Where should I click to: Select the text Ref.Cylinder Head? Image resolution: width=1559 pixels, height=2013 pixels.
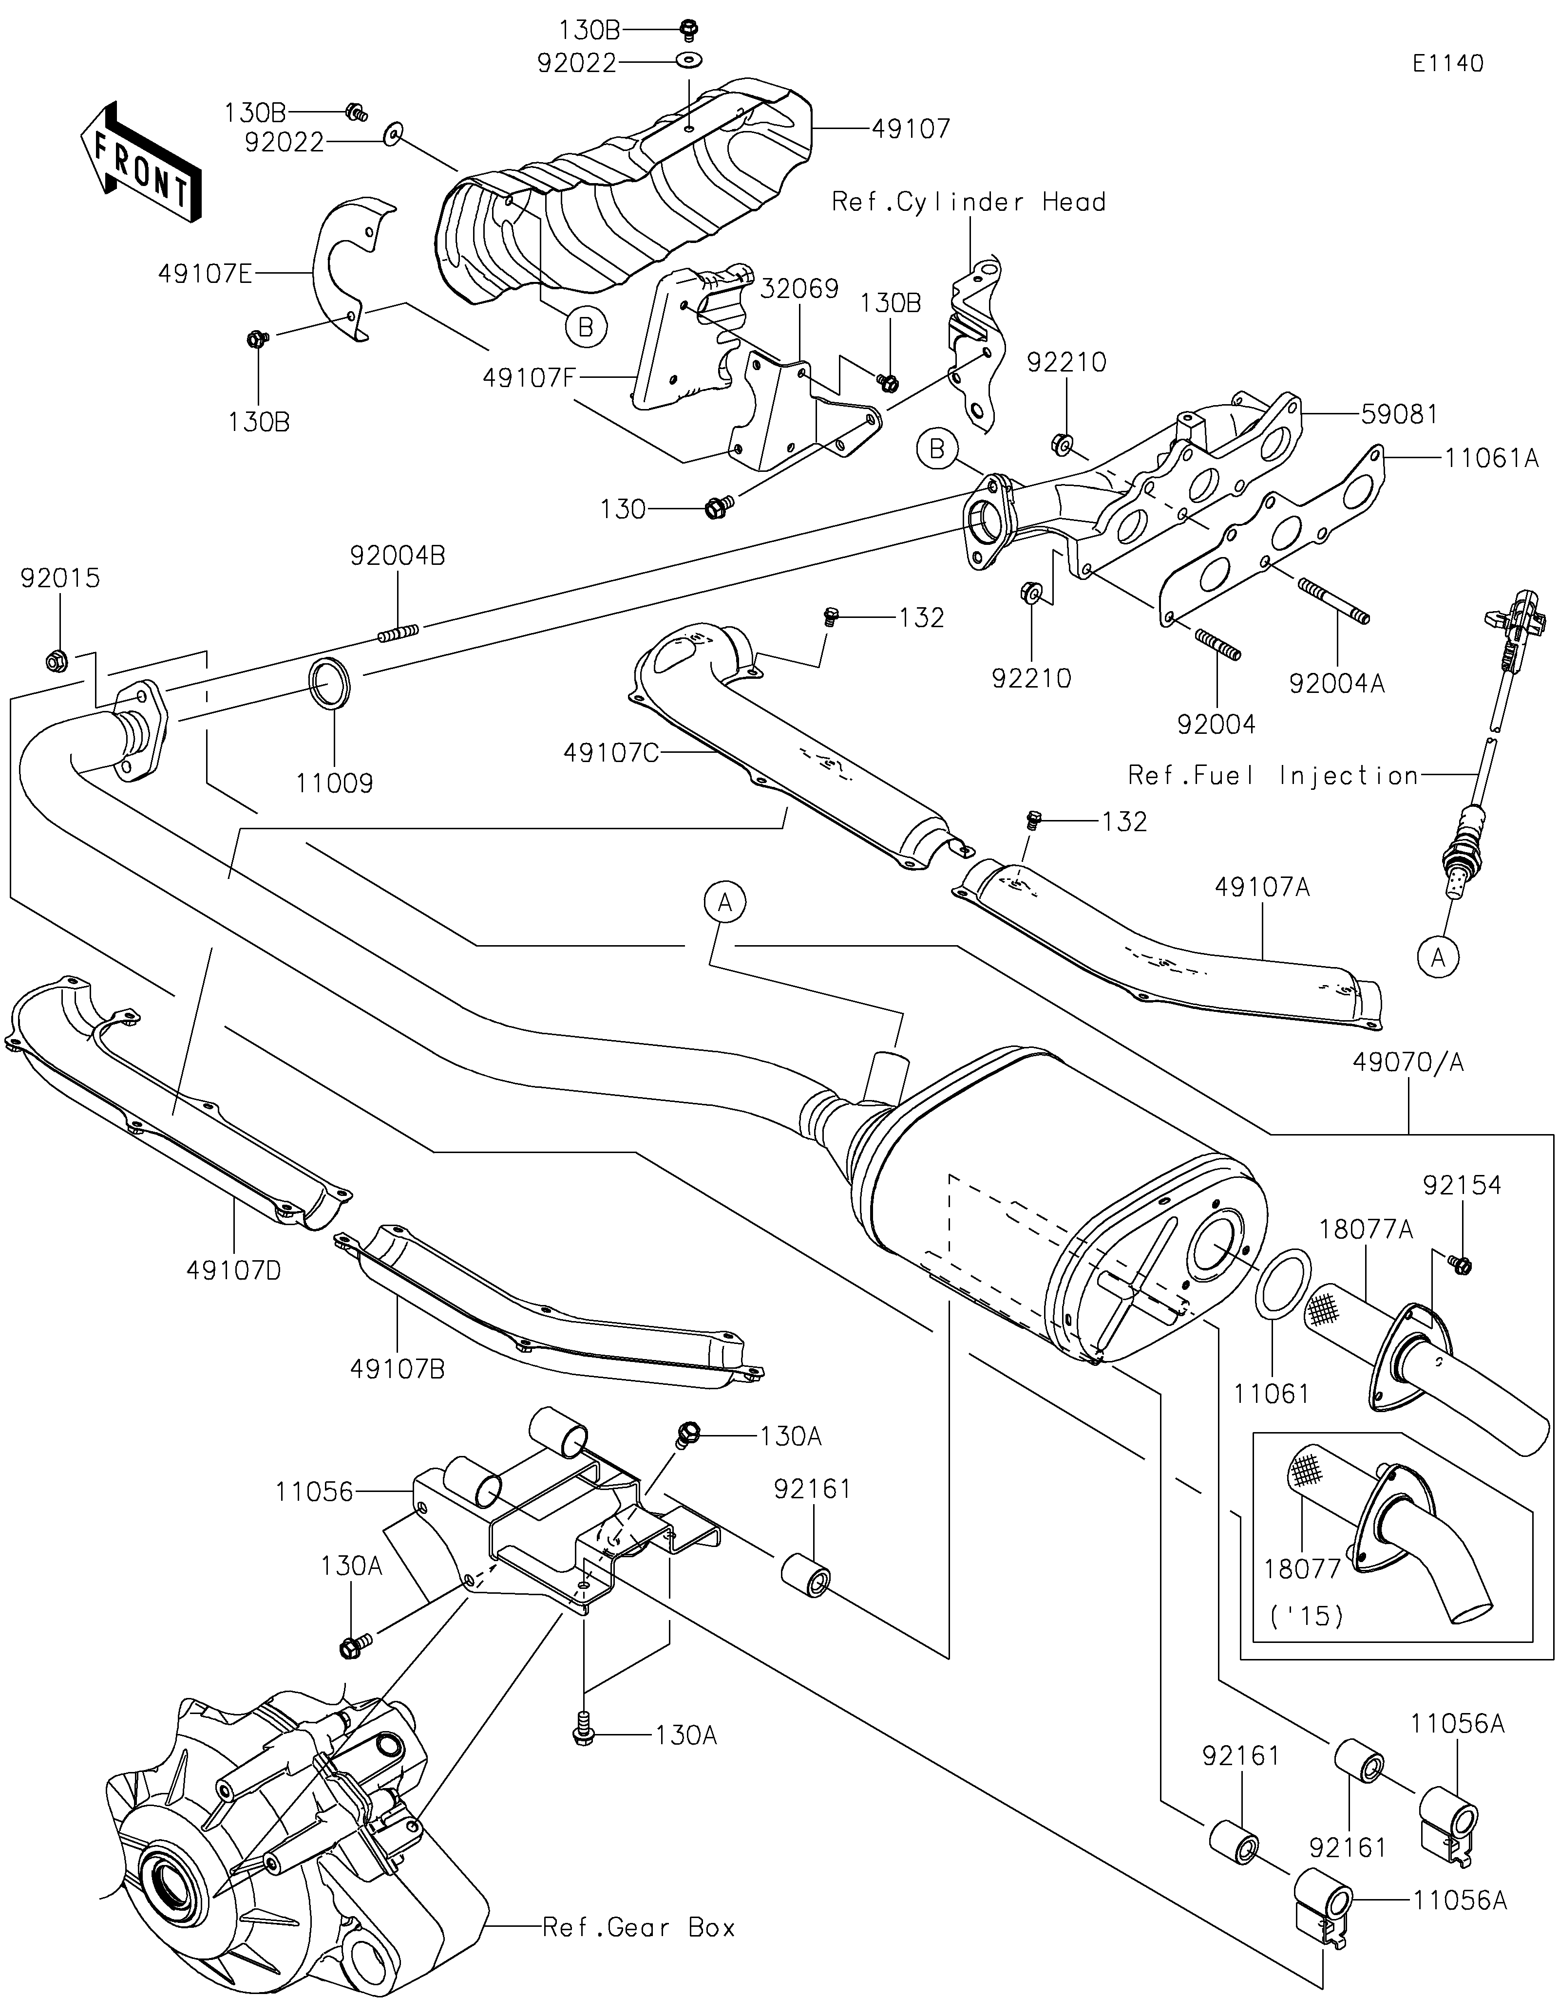[x=968, y=202]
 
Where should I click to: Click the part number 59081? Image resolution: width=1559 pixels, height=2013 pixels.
[x=1399, y=415]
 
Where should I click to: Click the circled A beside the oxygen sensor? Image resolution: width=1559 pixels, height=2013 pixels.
[x=1438, y=959]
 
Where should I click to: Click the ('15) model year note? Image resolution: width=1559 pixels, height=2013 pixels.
[x=1306, y=1616]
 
